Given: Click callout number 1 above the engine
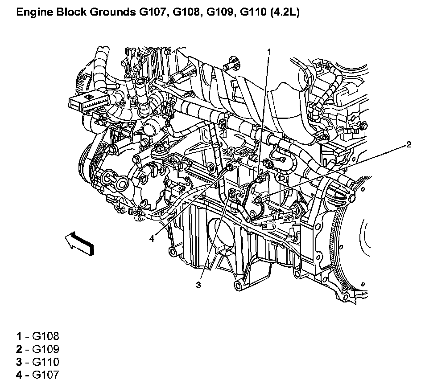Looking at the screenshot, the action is [x=269, y=52].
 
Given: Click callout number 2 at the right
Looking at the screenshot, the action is [x=409, y=145].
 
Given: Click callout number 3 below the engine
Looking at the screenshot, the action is [x=198, y=285].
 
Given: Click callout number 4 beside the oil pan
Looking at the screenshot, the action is [x=152, y=238].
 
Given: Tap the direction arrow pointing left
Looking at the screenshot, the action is [x=79, y=244].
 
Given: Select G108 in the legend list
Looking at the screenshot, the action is [x=45, y=336].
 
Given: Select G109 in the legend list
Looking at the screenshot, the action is [x=45, y=349].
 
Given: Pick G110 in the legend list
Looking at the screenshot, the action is [x=45, y=362].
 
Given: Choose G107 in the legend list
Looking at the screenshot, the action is [x=45, y=375].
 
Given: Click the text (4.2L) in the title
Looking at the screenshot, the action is [x=285, y=12].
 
